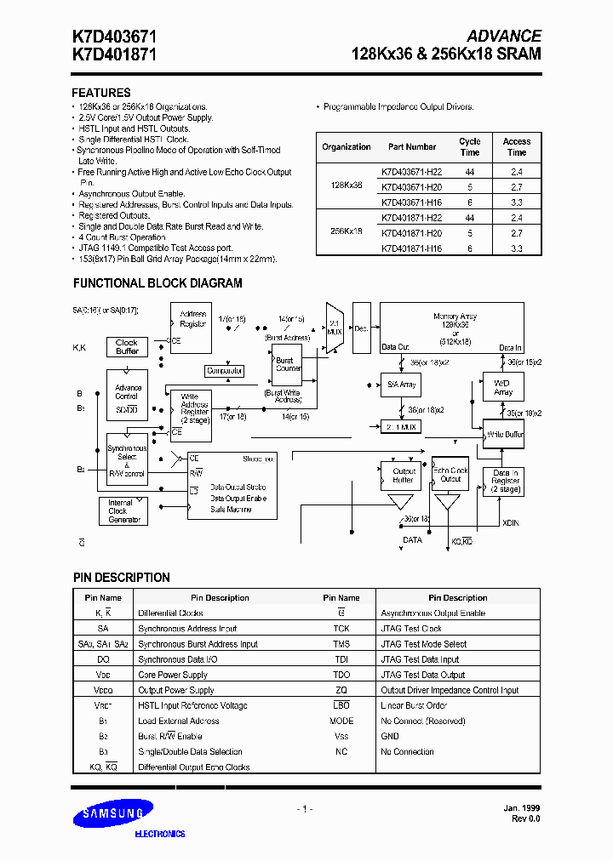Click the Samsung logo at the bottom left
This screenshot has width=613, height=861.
pos(114,815)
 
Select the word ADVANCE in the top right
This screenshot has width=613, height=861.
pos(503,36)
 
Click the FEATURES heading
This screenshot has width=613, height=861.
pos(100,93)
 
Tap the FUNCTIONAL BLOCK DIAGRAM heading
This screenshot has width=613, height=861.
pos(158,283)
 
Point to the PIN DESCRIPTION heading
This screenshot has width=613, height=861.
pos(121,578)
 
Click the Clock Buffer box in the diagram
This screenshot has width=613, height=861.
pos(127,346)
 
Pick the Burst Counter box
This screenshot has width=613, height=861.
pos(288,364)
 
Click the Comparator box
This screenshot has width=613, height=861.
pos(225,371)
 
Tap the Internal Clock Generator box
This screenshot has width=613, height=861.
pos(124,511)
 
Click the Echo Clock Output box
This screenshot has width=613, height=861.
pos(450,475)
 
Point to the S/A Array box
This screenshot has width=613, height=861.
pos(402,385)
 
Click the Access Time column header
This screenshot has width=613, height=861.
pos(517,146)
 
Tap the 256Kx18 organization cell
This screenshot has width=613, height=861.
pos(346,231)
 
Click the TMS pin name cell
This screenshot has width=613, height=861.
pos(341,644)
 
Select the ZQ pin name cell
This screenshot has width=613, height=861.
pos(341,690)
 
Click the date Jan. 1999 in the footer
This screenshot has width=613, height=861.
pos(521,807)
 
